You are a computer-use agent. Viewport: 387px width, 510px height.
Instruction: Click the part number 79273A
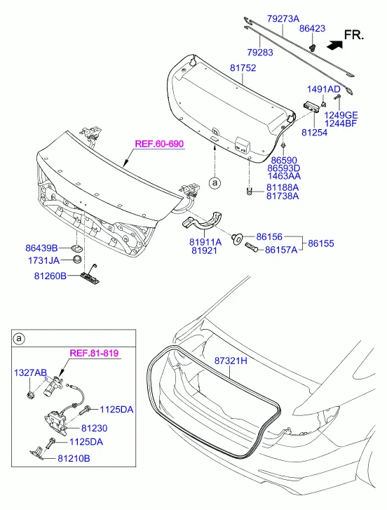(x=283, y=18)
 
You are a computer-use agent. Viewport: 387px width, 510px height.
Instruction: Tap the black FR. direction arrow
(x=334, y=45)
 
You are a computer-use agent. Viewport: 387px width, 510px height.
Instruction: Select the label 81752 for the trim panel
(x=243, y=68)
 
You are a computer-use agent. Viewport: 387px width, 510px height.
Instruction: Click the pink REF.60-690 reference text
(x=160, y=144)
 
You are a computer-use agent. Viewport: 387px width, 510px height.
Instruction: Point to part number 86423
(x=312, y=28)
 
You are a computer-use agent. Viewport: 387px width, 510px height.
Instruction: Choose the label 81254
(x=315, y=133)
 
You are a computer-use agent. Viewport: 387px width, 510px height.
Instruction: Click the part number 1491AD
(x=324, y=89)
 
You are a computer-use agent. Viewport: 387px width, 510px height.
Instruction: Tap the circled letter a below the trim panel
(x=215, y=183)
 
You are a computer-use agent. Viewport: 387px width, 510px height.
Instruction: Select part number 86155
(x=320, y=243)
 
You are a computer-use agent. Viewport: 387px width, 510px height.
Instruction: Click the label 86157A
(x=281, y=250)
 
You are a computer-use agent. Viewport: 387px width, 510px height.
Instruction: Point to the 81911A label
(x=205, y=242)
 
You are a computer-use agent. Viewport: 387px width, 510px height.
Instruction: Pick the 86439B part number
(x=41, y=248)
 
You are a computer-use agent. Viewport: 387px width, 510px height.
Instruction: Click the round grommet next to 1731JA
(x=77, y=260)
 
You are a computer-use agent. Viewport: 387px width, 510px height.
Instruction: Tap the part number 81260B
(x=50, y=276)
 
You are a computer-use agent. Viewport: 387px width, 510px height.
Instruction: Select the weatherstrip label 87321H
(x=231, y=361)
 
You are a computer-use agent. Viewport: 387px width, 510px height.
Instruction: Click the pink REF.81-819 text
(x=94, y=353)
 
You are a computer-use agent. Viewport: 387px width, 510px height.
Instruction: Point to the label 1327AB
(x=31, y=373)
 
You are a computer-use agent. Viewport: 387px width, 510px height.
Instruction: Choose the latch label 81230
(x=94, y=428)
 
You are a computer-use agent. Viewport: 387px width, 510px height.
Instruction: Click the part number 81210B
(x=74, y=458)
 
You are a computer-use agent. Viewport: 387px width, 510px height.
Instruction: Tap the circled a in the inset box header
(x=19, y=339)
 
